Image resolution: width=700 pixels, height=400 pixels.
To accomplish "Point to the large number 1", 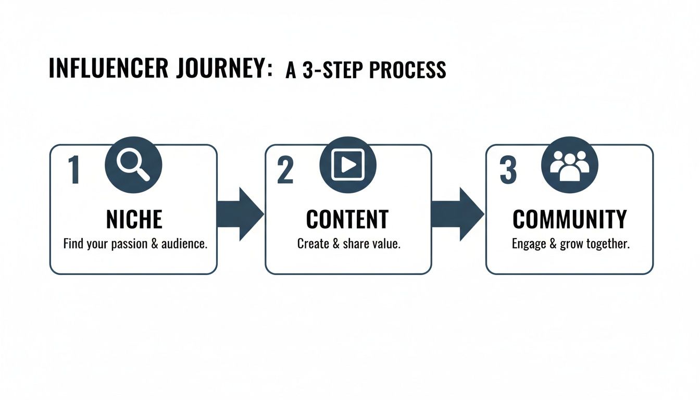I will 73,171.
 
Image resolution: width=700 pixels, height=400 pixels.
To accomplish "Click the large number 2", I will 285,171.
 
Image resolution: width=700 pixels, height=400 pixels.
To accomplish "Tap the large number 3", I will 508,171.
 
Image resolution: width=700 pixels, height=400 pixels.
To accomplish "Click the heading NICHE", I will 134,220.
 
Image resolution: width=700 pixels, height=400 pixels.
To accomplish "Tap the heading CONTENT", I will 347,220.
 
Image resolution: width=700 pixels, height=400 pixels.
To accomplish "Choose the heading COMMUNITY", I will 570,220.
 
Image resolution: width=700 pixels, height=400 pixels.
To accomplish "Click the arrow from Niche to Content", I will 240,214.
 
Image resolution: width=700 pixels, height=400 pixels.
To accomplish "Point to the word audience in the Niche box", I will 185,244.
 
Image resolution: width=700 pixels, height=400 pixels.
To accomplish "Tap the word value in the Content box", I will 385,244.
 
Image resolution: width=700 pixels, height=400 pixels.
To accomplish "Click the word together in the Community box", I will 607,244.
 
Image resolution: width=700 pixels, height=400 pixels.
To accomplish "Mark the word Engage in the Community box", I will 528,244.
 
